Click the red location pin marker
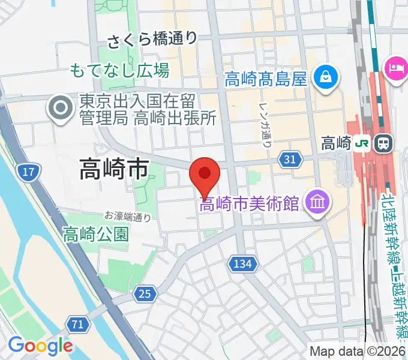tap(205, 175)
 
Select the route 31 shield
tap(289, 159)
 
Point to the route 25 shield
tap(145, 293)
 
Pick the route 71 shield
tap(76, 324)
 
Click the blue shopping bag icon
tap(325, 77)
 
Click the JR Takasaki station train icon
tap(382, 143)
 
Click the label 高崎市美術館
tap(249, 204)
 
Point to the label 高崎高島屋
tap(266, 78)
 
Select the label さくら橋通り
tap(152, 40)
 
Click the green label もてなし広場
tap(119, 70)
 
